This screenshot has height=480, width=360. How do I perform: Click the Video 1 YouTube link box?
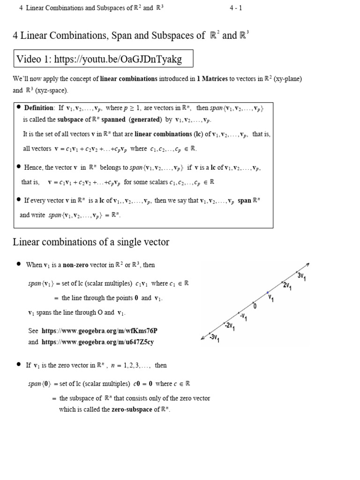[103, 59]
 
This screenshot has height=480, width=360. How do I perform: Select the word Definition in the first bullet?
[39, 108]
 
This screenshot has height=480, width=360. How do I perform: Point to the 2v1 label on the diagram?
[287, 285]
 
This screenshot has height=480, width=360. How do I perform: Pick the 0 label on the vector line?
[255, 306]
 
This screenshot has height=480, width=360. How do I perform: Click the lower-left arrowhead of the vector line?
[202, 337]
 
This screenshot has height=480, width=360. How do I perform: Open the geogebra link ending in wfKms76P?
[99, 330]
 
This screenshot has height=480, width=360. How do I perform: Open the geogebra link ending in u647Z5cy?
[97, 342]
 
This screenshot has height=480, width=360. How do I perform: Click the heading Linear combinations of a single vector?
[91, 242]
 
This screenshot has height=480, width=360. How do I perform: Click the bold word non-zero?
[76, 265]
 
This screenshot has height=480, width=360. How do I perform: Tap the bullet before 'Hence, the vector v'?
[19, 167]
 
